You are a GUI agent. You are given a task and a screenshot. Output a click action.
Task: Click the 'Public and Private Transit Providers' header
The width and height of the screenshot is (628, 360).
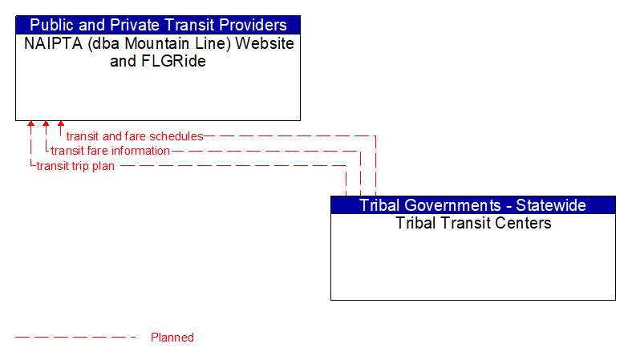[x=158, y=25]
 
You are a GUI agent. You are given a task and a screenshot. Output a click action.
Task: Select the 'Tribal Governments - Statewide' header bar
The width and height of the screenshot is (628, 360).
[x=472, y=204]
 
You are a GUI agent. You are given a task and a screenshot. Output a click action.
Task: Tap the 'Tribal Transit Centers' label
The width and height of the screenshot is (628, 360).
[x=473, y=223]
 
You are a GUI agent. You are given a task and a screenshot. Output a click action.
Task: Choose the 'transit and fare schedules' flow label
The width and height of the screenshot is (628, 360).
[x=135, y=136]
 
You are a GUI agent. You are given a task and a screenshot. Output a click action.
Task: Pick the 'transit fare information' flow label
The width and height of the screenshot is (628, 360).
[x=111, y=151]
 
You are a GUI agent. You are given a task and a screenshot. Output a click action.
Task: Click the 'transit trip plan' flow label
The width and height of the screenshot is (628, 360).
[x=75, y=166]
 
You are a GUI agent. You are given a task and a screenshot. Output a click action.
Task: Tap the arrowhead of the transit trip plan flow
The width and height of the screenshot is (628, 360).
[x=31, y=125]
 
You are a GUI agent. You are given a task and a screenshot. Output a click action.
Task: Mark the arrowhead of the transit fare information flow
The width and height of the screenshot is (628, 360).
[x=46, y=125]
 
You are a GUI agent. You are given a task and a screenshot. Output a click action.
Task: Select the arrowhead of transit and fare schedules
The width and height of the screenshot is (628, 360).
[x=60, y=125]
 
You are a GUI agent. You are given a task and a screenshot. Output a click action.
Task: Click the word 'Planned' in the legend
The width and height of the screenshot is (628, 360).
[x=172, y=338]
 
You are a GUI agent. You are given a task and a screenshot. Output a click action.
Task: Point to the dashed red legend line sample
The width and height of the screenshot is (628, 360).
[x=75, y=338]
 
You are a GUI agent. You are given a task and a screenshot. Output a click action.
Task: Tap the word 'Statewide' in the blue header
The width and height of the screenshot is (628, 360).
[x=550, y=204]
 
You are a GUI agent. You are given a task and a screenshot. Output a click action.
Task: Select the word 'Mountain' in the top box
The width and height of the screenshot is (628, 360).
[x=152, y=43]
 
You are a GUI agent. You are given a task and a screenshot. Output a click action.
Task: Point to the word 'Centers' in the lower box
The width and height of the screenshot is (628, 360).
[x=525, y=223]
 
